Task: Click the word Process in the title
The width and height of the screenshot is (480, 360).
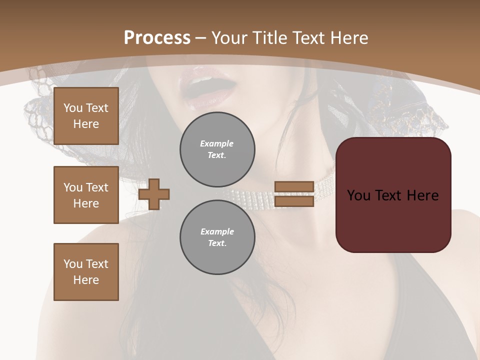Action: pos(157,38)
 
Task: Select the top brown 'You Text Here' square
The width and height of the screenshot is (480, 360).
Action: pos(86,116)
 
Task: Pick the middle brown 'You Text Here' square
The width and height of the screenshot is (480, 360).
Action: pos(86,195)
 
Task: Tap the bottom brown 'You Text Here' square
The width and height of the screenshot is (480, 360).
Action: pos(86,272)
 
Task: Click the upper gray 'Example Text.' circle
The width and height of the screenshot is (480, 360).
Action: pos(217,149)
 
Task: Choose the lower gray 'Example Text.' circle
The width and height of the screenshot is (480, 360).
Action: pos(217,237)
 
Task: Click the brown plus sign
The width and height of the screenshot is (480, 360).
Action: pos(154,194)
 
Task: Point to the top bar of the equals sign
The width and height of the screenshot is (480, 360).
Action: pos(294,186)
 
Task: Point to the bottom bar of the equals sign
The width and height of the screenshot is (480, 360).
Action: pos(294,201)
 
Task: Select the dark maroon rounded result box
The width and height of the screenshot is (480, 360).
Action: pos(393,195)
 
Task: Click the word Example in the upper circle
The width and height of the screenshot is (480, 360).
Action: pos(217,143)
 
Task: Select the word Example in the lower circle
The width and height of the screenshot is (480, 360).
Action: pos(217,231)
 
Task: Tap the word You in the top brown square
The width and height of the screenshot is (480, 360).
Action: pos(72,108)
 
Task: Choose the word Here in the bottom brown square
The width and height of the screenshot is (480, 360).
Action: pos(86,280)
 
